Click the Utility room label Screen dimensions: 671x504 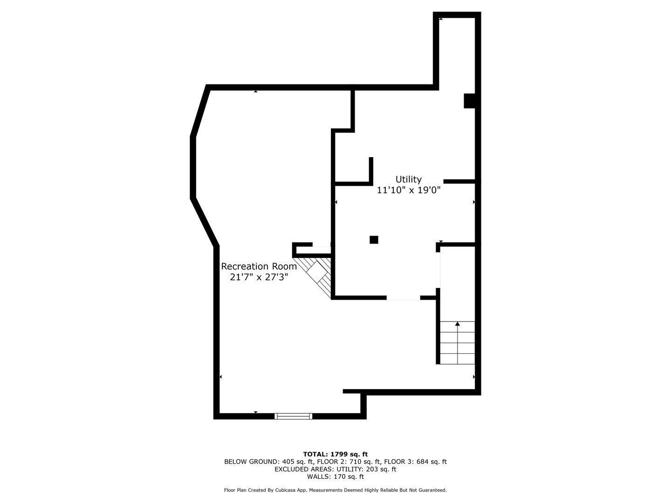pyautogui.click(x=408, y=179)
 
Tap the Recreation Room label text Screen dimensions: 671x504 pyautogui.click(x=259, y=266)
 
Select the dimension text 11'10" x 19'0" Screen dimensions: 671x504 pyautogui.click(x=408, y=190)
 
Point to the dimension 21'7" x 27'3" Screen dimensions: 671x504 pyautogui.click(x=259, y=277)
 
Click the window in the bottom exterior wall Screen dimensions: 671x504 pyautogui.click(x=293, y=416)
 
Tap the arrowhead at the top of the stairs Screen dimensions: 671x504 pyautogui.click(x=457, y=323)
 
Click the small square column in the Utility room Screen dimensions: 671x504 pyautogui.click(x=374, y=239)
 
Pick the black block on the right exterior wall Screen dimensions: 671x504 pyautogui.click(x=470, y=101)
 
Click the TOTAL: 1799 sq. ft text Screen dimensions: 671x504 pyautogui.click(x=335, y=454)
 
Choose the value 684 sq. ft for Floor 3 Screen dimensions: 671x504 pyautogui.click(x=431, y=462)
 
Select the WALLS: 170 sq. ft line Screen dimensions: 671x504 pyautogui.click(x=335, y=476)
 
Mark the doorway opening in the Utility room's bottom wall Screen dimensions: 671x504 pyautogui.click(x=404, y=298)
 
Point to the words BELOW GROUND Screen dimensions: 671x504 pyautogui.click(x=251, y=462)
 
